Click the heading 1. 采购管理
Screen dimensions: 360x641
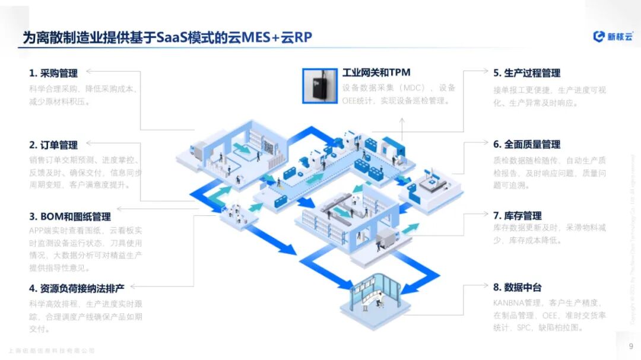pyautogui.click(x=53, y=74)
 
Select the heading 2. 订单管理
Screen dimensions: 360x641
pyautogui.click(x=53, y=145)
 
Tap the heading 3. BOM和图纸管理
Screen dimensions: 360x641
pyautogui.click(x=70, y=216)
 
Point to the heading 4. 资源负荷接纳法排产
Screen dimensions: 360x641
pyautogui.click(x=77, y=288)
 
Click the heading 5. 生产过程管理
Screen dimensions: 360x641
pyautogui.click(x=526, y=73)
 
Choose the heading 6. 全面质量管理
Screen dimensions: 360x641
pyautogui.click(x=526, y=144)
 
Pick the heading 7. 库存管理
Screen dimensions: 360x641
pyautogui.click(x=517, y=215)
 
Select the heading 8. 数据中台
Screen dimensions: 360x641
pyautogui.click(x=517, y=287)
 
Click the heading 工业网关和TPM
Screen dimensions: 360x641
pyautogui.click(x=376, y=72)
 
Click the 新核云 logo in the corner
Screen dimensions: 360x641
pyautogui.click(x=613, y=37)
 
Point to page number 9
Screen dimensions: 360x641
pyautogui.click(x=630, y=346)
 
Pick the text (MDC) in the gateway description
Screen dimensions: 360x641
pyautogui.click(x=410, y=88)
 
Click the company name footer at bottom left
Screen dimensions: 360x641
pyautogui.click(x=52, y=351)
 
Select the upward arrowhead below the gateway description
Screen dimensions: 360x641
pyautogui.click(x=402, y=119)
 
